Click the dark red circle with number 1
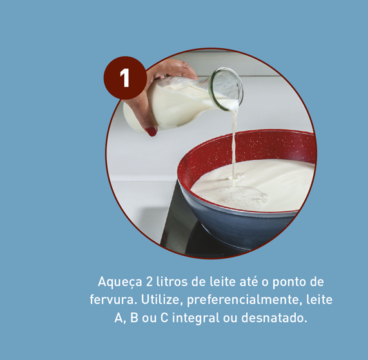[125, 78]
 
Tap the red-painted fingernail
[151, 131]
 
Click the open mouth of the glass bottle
[226, 89]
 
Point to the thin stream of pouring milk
[234, 146]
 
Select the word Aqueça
[120, 282]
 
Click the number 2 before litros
[150, 281]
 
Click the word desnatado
[274, 317]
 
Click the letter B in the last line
[134, 317]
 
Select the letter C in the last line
[164, 317]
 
